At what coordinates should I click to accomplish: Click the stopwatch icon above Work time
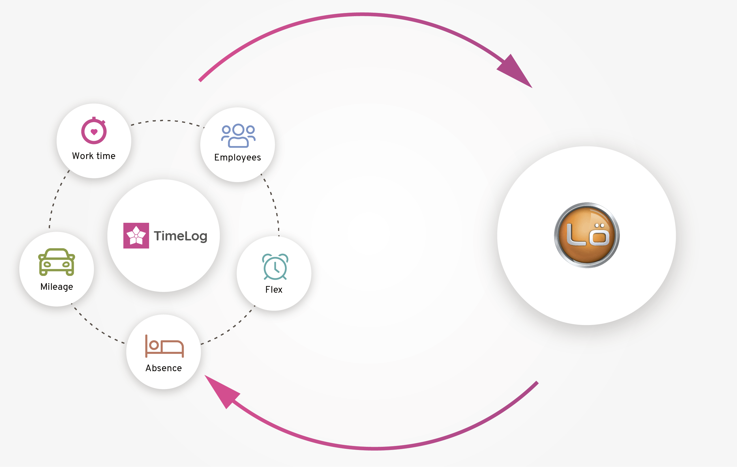coord(94,131)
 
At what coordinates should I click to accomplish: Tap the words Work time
coord(94,156)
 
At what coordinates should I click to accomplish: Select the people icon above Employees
coord(238,136)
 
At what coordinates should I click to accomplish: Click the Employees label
coord(237,157)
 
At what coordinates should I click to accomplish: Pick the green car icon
coord(57,262)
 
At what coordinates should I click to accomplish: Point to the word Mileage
coord(57,287)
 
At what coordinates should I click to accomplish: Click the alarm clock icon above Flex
coord(275,267)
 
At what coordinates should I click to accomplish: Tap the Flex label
coord(274,290)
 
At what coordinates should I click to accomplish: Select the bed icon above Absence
coord(164,346)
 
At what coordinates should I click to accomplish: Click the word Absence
coord(164,368)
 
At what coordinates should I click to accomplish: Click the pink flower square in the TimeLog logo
coord(136,236)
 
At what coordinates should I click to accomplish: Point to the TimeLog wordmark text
coord(181,236)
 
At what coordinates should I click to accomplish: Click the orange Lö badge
coord(587,235)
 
